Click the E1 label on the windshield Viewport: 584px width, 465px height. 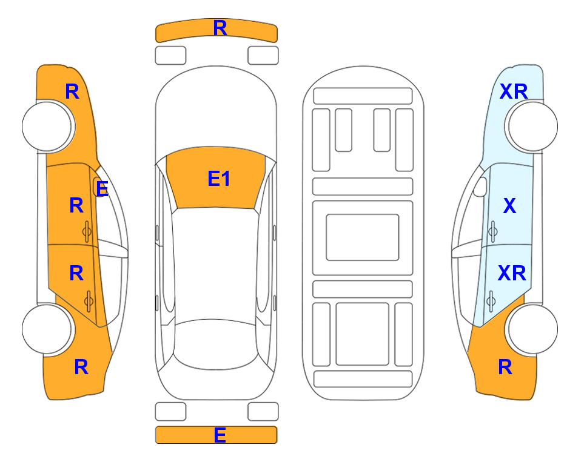[219, 179]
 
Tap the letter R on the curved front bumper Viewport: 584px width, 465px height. [220, 28]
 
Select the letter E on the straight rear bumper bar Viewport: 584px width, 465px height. [220, 435]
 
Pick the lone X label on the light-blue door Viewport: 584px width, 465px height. [509, 205]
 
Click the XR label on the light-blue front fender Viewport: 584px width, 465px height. [514, 91]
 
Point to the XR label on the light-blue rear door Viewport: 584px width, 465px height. [512, 273]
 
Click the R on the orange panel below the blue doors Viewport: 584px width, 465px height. [505, 367]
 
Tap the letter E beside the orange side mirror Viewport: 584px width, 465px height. [102, 189]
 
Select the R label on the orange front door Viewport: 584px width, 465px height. [76, 205]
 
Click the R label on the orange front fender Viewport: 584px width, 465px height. [72, 91]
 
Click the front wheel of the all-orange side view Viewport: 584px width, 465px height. [47, 126]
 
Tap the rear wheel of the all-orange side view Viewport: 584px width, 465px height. [47, 329]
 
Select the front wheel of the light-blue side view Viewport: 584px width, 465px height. [532, 126]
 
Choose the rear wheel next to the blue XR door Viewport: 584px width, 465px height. [532, 329]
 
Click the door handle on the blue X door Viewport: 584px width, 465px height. [492, 231]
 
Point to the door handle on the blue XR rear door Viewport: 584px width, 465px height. [491, 301]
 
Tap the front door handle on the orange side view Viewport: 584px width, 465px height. [87, 231]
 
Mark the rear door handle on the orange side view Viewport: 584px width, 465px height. [89, 301]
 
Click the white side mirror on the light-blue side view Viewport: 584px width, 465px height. [480, 187]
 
